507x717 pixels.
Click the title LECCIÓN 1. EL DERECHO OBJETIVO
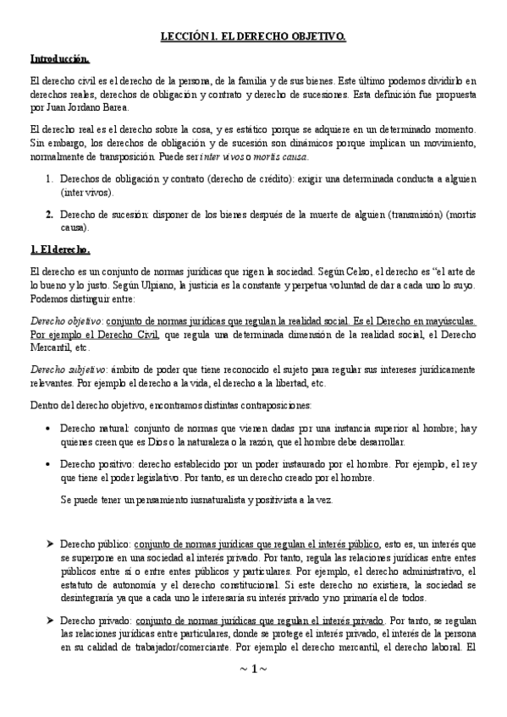[x=253, y=37]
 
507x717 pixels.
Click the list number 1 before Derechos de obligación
[x=50, y=178]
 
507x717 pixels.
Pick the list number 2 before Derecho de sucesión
[x=50, y=214]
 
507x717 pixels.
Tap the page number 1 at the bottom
[x=253, y=693]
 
